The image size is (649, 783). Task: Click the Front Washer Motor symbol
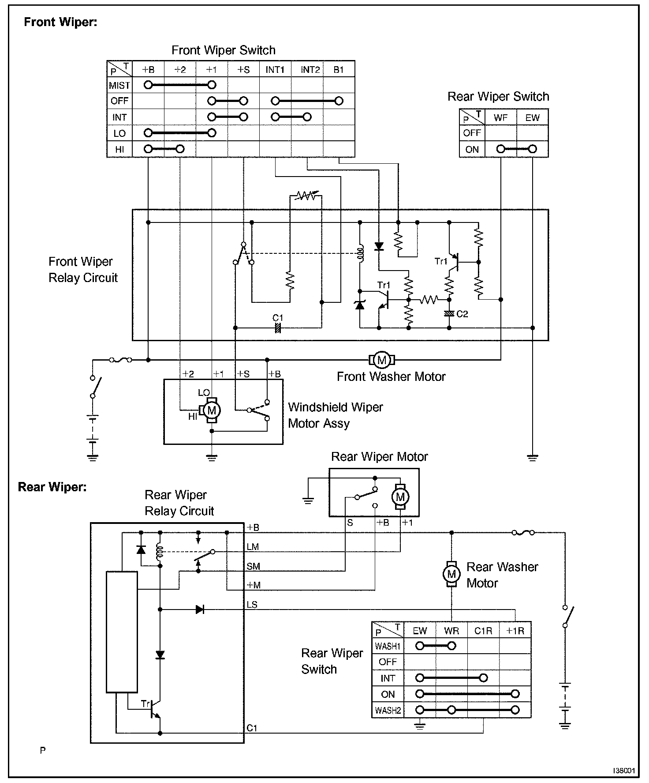[x=382, y=360]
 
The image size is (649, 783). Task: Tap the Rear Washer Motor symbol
[x=451, y=574]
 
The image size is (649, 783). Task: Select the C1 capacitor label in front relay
[x=278, y=318]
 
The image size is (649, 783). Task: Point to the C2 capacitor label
[x=462, y=314]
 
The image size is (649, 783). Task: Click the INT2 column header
[x=310, y=70]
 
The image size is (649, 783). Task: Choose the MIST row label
[x=119, y=85]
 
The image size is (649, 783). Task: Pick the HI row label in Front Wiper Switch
[x=119, y=150]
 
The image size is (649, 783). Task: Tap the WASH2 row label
[x=388, y=711]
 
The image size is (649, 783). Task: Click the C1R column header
[x=483, y=631]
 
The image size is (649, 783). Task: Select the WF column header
[x=500, y=118]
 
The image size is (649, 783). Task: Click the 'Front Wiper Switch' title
[x=223, y=50]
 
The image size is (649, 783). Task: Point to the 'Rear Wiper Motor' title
[x=379, y=456]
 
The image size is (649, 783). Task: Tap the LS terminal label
[x=252, y=605]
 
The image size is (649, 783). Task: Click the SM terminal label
[x=253, y=566]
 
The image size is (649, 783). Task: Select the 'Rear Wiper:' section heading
[x=52, y=487]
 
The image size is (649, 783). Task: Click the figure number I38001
[x=624, y=771]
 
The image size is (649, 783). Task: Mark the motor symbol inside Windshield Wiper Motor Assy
[x=212, y=410]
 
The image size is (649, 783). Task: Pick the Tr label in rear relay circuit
[x=145, y=704]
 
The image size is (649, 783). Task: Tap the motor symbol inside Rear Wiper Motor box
[x=400, y=497]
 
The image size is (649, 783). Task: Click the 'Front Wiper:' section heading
[x=60, y=22]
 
